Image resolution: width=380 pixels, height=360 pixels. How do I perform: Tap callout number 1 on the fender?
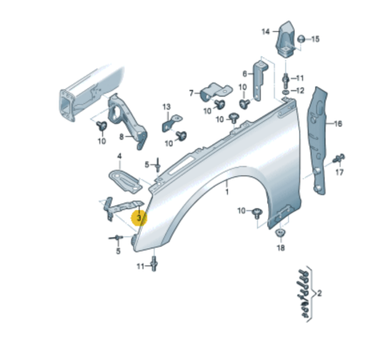point(226,194)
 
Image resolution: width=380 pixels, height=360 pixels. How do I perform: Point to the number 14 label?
point(266,31)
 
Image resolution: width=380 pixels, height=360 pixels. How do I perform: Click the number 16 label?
point(338,123)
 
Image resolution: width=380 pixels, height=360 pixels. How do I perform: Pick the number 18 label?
point(280,248)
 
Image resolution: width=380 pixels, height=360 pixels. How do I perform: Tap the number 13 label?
point(166,107)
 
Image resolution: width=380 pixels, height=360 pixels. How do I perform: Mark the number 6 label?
point(245,74)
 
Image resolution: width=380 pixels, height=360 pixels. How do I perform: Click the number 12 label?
point(299,90)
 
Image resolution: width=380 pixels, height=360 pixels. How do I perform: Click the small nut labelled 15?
point(302,39)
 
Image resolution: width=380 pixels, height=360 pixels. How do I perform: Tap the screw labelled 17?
point(340,158)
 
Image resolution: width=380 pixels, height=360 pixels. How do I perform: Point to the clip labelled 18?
point(280,232)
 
